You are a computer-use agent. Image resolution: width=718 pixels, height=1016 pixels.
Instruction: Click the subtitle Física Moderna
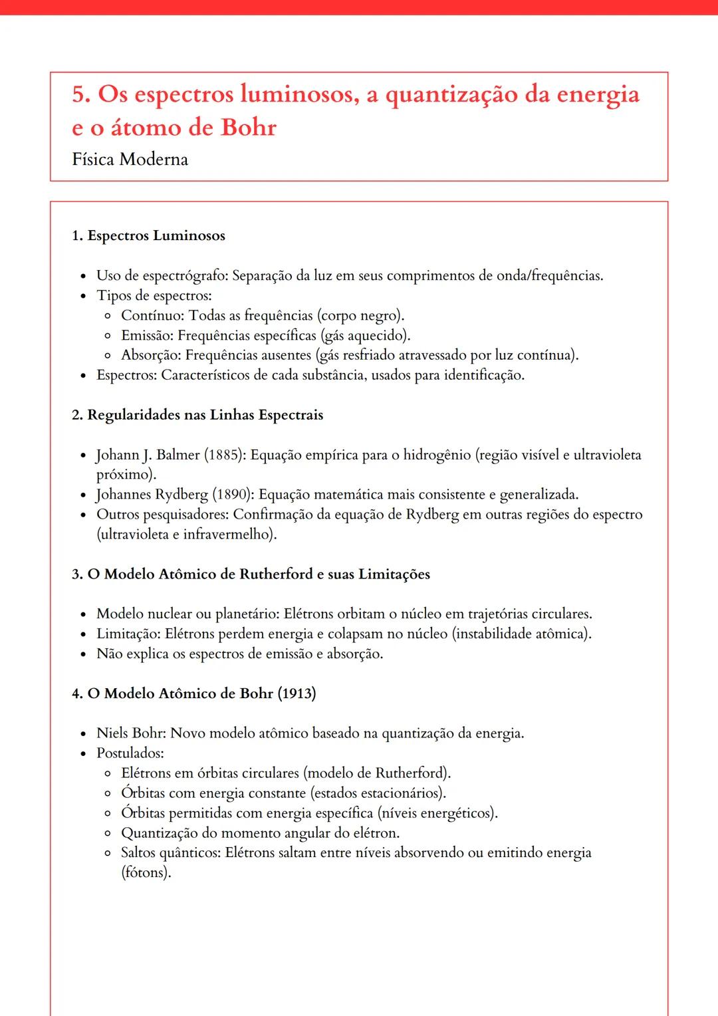(130, 160)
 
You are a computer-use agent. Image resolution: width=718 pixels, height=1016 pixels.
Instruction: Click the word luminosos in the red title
(296, 95)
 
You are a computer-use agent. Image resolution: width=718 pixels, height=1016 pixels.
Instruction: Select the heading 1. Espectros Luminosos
(148, 236)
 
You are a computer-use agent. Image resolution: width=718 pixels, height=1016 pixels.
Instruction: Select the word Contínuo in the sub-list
(152, 316)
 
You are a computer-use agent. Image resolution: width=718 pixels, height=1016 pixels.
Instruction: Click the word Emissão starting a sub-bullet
(147, 336)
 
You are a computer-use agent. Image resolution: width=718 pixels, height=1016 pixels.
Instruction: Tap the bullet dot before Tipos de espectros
(83, 297)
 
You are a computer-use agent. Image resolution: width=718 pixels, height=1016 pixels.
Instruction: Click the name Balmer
(178, 455)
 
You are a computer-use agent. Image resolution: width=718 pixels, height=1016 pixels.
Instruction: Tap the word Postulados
(130, 753)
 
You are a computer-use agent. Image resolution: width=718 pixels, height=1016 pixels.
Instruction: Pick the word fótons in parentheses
(146, 873)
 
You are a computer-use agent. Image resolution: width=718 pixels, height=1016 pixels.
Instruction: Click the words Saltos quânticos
(170, 853)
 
